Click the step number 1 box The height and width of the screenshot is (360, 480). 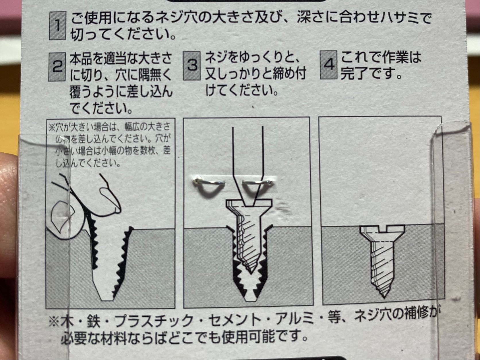(57, 25)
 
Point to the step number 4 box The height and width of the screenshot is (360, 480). (329, 65)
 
